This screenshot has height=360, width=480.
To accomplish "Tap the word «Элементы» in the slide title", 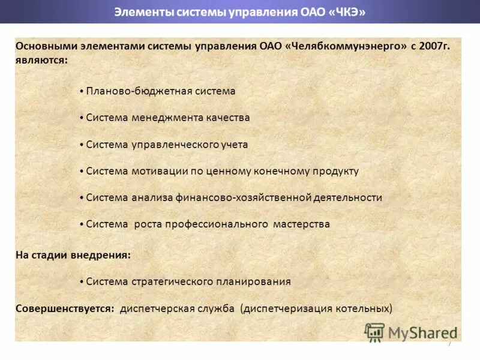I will pos(138,12).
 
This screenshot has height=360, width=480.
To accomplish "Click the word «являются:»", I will pos(41,61).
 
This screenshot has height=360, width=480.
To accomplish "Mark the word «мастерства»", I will pos(301,224).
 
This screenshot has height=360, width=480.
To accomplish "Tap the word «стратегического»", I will pos(169,281).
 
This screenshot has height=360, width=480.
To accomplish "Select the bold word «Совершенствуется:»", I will pos(65,308).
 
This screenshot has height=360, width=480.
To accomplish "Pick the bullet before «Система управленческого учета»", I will pos(81,145).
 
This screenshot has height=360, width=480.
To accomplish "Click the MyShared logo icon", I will pos(374,332).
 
